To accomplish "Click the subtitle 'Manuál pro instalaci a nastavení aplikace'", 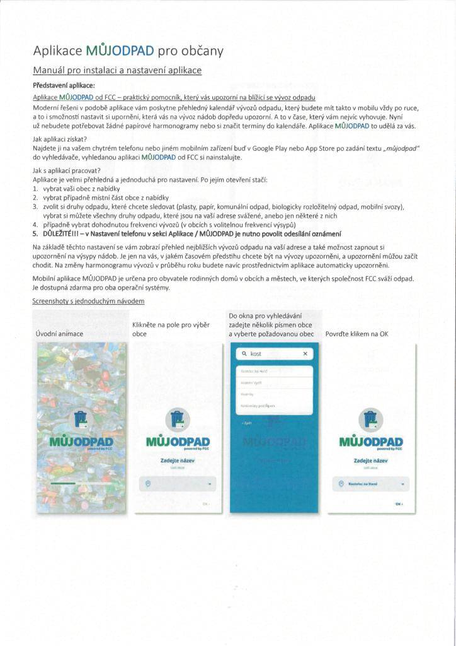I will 117,71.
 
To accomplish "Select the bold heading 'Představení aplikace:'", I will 64,85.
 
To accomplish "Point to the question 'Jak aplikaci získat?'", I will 59,139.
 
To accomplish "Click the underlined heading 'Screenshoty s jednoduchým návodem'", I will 88,302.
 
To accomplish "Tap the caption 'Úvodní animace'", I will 60,334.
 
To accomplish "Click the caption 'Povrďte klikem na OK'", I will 356,334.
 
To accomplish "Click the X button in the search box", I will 305,355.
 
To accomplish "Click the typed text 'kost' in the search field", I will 255,355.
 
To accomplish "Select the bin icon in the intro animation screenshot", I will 80,418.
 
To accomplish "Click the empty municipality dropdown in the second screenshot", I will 178,484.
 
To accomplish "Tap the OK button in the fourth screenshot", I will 398,504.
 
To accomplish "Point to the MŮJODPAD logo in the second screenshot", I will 178,442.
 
